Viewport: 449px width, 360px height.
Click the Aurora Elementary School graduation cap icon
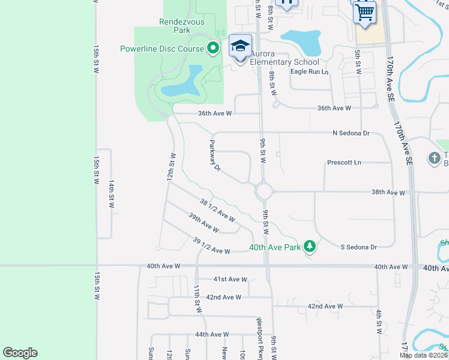click(x=240, y=47)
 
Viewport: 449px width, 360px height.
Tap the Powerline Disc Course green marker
click(x=212, y=49)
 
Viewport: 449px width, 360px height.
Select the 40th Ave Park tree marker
click(x=310, y=246)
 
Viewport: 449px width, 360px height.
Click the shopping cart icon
click(x=365, y=12)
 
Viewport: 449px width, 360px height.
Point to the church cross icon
click(x=434, y=158)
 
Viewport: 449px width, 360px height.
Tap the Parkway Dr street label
click(x=215, y=156)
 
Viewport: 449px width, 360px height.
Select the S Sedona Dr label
click(x=358, y=247)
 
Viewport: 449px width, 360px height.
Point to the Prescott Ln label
click(x=345, y=162)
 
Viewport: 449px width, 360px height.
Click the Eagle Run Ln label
click(x=310, y=71)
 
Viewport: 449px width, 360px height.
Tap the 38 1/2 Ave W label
click(x=217, y=208)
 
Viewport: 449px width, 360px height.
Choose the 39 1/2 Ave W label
click(x=211, y=245)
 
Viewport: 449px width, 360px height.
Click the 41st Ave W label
click(x=231, y=279)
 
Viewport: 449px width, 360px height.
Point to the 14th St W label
click(x=112, y=194)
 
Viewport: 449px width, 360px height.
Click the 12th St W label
click(x=171, y=167)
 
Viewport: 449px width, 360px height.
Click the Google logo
click(x=20, y=353)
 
